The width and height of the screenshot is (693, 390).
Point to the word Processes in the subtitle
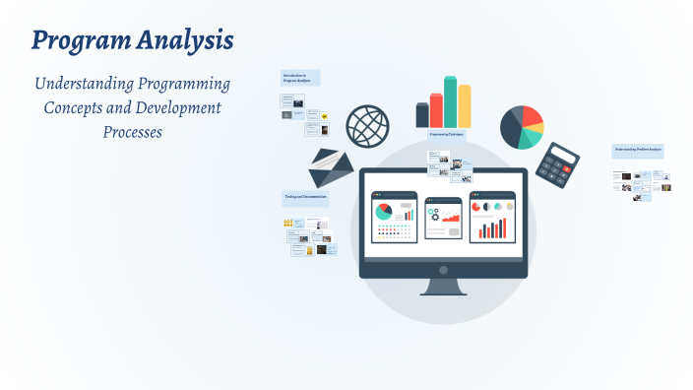[132, 131]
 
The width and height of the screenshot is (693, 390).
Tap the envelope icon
[331, 168]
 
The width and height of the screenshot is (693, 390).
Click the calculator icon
[562, 164]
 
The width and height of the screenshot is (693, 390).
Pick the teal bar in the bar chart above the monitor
[450, 102]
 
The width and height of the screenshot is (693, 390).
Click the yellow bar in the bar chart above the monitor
[465, 106]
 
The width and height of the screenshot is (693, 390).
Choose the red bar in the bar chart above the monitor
[436, 111]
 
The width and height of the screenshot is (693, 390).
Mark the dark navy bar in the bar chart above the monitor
[422, 116]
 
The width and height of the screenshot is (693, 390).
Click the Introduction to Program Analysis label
[299, 77]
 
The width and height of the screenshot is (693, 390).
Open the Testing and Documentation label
[305, 198]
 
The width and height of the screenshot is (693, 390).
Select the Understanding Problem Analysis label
[638, 150]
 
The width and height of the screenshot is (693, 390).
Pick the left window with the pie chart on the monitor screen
[394, 217]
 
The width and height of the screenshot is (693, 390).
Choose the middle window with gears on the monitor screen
[443, 218]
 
